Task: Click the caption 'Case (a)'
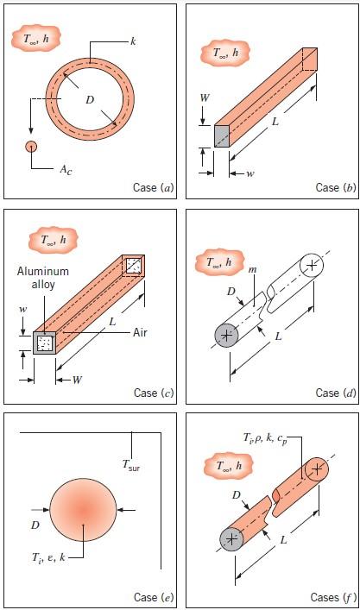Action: coord(154,187)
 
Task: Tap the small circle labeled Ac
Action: coord(31,147)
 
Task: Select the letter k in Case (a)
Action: coord(133,41)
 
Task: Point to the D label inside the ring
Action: coord(90,100)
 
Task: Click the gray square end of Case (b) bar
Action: coord(222,136)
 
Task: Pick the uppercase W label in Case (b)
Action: coord(205,97)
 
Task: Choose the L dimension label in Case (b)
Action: coord(275,122)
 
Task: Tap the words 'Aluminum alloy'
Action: coord(43,277)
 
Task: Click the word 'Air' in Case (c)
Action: coord(140,332)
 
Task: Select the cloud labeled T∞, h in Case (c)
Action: coord(54,240)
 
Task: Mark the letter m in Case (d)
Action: coord(254,269)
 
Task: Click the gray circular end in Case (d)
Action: coord(226,335)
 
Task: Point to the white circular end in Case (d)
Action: coord(312,265)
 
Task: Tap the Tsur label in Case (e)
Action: coord(130,464)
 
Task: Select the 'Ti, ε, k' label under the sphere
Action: coord(48,557)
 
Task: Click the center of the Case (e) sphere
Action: coord(83,512)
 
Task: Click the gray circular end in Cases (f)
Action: coord(231,539)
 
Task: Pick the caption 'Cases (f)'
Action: coord(333,597)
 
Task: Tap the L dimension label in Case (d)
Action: coord(278,336)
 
